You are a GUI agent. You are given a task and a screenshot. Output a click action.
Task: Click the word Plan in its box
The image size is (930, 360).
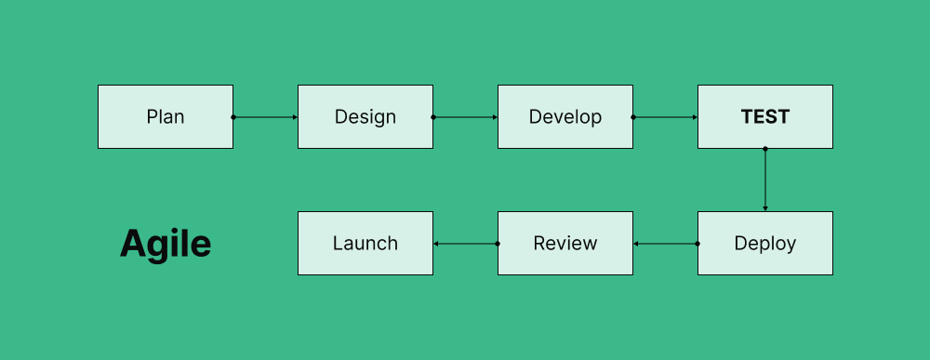click(x=166, y=117)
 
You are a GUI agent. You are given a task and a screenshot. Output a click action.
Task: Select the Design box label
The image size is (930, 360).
click(x=365, y=117)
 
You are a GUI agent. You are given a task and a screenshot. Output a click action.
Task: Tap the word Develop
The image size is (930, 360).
click(x=565, y=117)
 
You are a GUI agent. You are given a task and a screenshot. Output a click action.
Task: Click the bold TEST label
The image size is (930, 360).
click(x=765, y=117)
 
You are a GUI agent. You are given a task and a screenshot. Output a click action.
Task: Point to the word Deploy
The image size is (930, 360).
click(x=765, y=244)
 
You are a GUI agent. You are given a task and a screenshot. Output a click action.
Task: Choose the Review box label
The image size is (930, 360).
click(x=565, y=244)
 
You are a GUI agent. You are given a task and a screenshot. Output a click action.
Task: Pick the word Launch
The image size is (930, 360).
click(x=365, y=244)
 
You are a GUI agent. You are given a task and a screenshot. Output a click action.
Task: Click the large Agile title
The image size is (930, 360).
click(x=166, y=244)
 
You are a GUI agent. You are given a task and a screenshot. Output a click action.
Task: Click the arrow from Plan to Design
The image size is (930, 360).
click(x=265, y=117)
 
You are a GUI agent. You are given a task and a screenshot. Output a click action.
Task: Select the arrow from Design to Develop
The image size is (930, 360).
click(x=465, y=117)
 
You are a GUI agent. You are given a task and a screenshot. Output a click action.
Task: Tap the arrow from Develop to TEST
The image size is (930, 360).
click(x=665, y=117)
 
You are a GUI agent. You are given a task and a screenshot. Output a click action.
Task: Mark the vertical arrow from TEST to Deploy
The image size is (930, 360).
click(x=765, y=180)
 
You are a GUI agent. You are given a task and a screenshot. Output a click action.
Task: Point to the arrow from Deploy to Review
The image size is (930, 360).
click(x=665, y=244)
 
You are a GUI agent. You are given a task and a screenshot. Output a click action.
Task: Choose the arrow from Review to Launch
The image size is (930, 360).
click(x=465, y=244)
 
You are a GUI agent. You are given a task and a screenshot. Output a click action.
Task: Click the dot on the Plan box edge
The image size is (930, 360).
click(x=233, y=117)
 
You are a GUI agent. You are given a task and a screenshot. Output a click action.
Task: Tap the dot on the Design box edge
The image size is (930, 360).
click(x=433, y=117)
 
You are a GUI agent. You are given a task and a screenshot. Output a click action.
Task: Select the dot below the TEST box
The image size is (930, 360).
click(x=765, y=149)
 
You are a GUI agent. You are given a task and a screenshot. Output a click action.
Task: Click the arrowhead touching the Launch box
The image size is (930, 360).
click(x=436, y=244)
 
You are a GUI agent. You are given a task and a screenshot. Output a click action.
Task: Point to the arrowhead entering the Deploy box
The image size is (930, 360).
click(x=765, y=208)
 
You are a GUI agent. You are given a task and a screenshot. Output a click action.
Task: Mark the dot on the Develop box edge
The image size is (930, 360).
click(x=633, y=117)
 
